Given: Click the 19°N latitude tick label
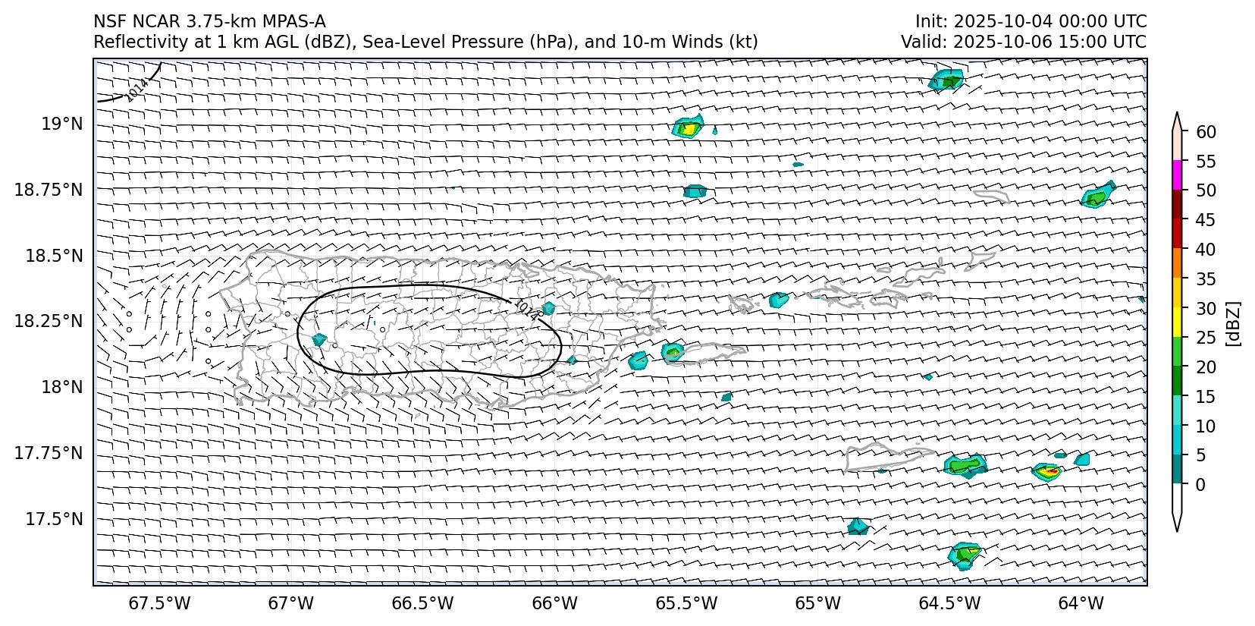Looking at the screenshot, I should point(62,124).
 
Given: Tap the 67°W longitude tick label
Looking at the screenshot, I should point(291,603).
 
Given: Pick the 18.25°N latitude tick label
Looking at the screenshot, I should point(49,321).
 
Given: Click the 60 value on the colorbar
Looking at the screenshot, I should point(1206,132).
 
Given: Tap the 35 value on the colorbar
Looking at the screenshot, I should point(1206,279).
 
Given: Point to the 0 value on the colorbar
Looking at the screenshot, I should point(1200,485).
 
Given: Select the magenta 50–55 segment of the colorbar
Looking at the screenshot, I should point(1177,175).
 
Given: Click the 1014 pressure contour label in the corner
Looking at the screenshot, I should point(136,90).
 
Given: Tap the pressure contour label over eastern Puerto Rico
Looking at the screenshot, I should point(526,309).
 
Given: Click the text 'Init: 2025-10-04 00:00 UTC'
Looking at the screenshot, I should point(1031,21).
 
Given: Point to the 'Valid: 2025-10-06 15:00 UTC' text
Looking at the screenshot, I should point(1023,42).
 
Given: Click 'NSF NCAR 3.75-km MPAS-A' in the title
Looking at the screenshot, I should point(209,21).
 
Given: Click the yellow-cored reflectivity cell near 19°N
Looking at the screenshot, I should point(688,127).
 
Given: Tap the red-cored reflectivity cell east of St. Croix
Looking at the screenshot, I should point(1048,472).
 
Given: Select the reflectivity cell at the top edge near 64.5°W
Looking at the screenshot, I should point(946,80).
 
